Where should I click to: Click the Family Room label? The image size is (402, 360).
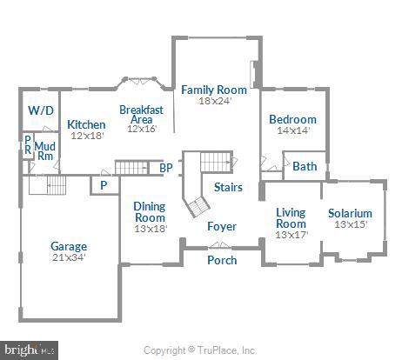214,90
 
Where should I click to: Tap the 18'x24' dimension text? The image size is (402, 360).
215,101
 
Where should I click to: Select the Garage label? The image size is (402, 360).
69,246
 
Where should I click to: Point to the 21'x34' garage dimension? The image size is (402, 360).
69,257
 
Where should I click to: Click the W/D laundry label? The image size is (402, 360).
41,110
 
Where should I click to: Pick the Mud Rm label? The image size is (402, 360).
44,150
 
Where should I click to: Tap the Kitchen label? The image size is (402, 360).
86,124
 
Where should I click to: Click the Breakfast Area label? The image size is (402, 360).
141,115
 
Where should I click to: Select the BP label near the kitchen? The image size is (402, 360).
166,168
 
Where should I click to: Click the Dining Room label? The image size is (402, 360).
150,212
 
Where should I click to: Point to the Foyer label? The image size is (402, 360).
222,226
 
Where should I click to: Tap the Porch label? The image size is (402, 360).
222,260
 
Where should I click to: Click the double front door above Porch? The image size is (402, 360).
220,246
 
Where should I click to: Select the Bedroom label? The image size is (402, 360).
292,119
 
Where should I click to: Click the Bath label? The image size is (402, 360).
305,166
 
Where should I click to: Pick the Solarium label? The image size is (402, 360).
350,213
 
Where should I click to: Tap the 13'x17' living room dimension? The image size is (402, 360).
291,235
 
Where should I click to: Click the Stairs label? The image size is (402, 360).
228,187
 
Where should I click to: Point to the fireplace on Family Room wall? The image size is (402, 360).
253,75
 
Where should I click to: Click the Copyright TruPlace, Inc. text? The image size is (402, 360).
200,350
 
